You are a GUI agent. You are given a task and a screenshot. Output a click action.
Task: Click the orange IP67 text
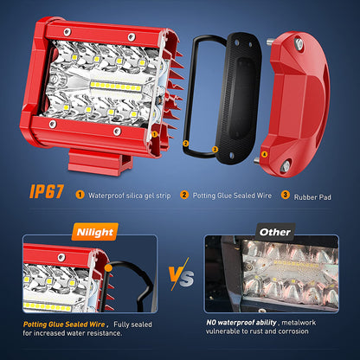click(x=47, y=191)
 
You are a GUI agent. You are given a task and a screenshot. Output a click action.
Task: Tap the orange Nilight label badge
click(x=95, y=232)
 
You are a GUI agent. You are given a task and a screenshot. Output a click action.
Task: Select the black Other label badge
click(x=275, y=232)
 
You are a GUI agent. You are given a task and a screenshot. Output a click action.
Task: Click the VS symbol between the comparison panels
click(x=181, y=273)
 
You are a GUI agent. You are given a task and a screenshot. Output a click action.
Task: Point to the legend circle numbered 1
click(x=80, y=195)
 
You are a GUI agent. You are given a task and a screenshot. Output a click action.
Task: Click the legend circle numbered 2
click(x=184, y=195)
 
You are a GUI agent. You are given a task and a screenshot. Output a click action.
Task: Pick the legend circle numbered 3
click(x=286, y=195)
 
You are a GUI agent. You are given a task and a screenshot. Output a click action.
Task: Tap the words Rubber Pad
click(x=312, y=197)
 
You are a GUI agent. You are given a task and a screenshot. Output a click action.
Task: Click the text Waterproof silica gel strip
click(x=130, y=196)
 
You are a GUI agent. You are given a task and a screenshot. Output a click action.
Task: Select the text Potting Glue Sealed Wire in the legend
click(x=232, y=196)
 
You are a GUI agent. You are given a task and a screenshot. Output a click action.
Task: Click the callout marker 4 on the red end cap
click(x=264, y=154)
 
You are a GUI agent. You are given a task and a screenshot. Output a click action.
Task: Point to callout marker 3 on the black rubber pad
click(x=215, y=149)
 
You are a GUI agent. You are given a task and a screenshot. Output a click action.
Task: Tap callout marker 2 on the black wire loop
click(x=185, y=144)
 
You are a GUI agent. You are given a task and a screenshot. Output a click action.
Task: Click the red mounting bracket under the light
click(x=100, y=162)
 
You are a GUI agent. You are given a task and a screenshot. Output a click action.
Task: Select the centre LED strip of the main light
click(x=115, y=87)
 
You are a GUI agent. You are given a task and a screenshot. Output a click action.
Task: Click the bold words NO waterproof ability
click(x=241, y=323)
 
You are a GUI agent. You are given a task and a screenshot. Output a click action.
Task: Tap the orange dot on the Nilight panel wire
click(x=109, y=268)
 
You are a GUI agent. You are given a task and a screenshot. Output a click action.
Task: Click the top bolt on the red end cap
click(x=299, y=43)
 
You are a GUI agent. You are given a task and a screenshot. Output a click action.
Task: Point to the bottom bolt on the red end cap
click(x=285, y=166)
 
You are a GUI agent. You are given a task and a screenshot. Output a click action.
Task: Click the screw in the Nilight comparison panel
click(x=61, y=257)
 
